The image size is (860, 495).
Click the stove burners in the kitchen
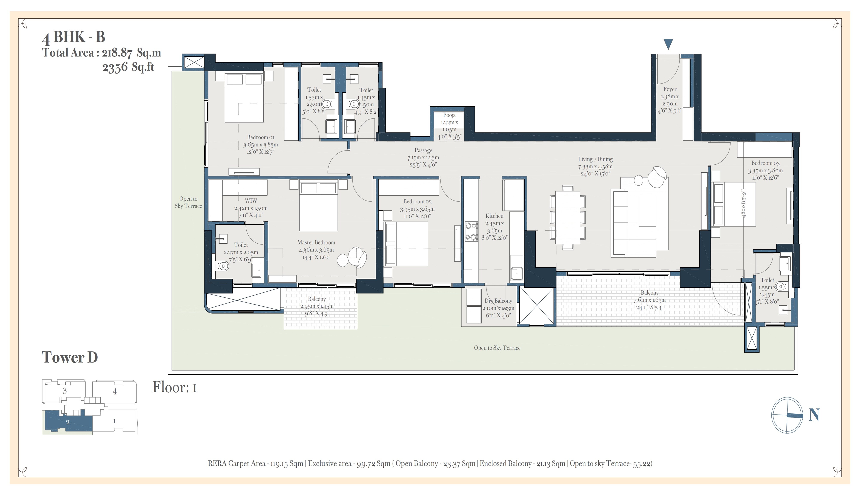tap(471, 231)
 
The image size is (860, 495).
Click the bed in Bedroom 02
tap(406, 244)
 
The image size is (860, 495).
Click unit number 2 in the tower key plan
tap(68, 422)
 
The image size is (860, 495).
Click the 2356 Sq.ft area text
tap(128, 67)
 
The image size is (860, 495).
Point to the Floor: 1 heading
tap(175, 387)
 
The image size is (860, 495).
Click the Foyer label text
tap(670, 89)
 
